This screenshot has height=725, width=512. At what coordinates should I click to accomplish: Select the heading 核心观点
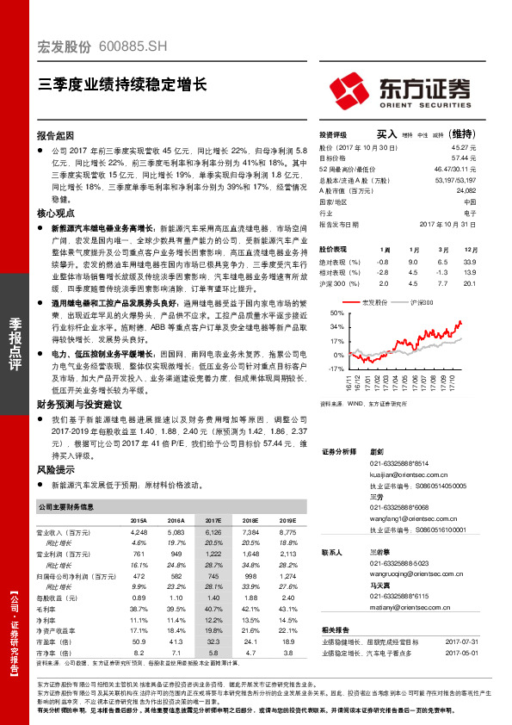pyautogui.click(x=55, y=210)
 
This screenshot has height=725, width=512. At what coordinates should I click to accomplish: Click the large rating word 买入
pyautogui.click(x=386, y=134)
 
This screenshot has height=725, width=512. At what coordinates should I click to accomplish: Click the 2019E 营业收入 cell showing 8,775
pyautogui.click(x=287, y=533)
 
